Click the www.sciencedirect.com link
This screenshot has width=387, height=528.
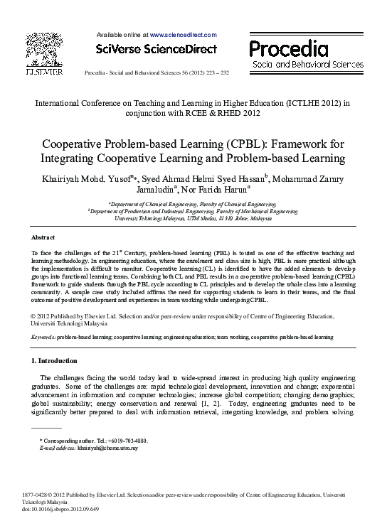[183, 34]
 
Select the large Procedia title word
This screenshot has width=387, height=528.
[288, 48]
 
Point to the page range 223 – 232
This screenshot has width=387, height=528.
[216, 74]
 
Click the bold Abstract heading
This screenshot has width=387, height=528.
[43, 237]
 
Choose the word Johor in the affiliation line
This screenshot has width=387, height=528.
[241, 218]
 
